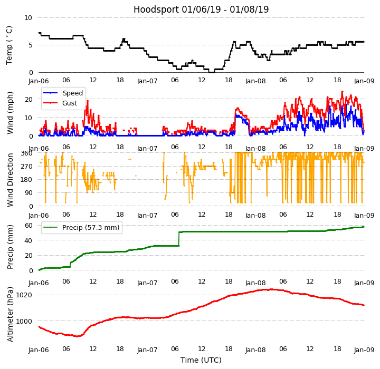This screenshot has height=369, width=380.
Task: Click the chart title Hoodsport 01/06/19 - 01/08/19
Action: coord(201,9)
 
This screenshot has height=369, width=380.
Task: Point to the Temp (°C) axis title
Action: coord(9,45)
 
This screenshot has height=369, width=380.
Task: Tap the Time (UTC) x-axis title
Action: coord(201,360)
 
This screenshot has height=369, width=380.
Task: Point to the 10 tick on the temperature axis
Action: coord(28,17)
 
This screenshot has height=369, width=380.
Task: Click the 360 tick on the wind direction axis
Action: coord(26,153)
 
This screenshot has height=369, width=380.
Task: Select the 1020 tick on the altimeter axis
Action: coord(25,295)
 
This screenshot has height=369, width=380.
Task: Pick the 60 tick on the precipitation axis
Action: coord(28,225)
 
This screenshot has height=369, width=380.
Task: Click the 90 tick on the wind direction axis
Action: coord(28,193)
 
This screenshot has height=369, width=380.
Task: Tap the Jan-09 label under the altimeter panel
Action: coord(364,350)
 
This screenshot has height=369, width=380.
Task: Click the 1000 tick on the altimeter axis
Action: coord(25,321)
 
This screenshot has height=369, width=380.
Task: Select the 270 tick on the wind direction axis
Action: coord(26,166)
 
